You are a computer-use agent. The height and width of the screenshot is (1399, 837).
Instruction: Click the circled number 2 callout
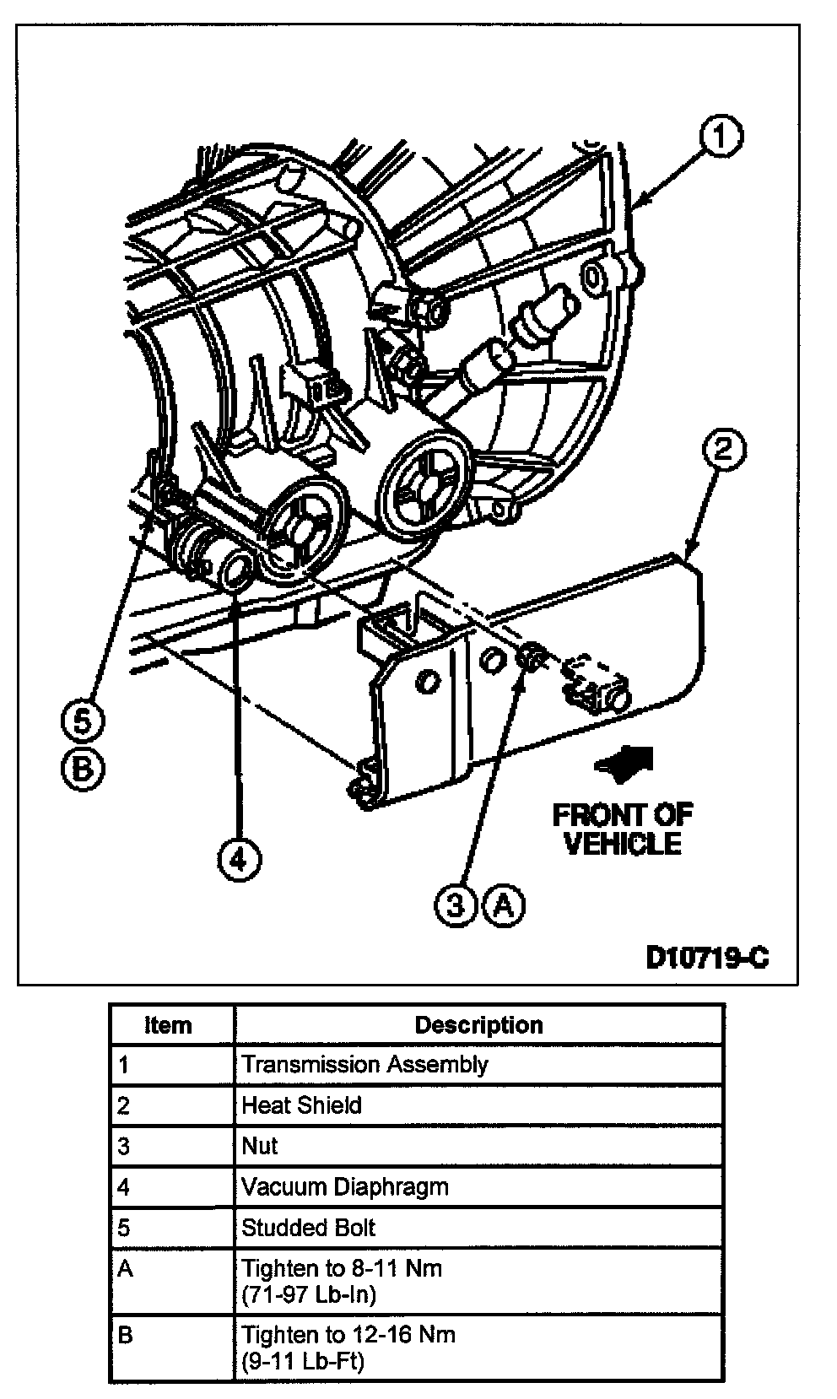pos(723,450)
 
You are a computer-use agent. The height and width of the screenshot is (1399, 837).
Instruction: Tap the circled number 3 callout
pos(456,905)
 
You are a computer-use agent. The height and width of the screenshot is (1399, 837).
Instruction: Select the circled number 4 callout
pos(239,859)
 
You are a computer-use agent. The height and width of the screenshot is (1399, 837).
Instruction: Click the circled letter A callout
pos(504,905)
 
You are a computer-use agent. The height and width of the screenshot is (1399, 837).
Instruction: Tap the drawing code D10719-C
pos(707,958)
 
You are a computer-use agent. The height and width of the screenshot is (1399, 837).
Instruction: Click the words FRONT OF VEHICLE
pos(623,829)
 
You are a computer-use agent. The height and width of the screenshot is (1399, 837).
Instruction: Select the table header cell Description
pos(478,1025)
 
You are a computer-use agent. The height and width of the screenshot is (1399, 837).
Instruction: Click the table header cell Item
pos(169,1025)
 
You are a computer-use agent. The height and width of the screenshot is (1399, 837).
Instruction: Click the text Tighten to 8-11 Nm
pos(342,1268)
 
